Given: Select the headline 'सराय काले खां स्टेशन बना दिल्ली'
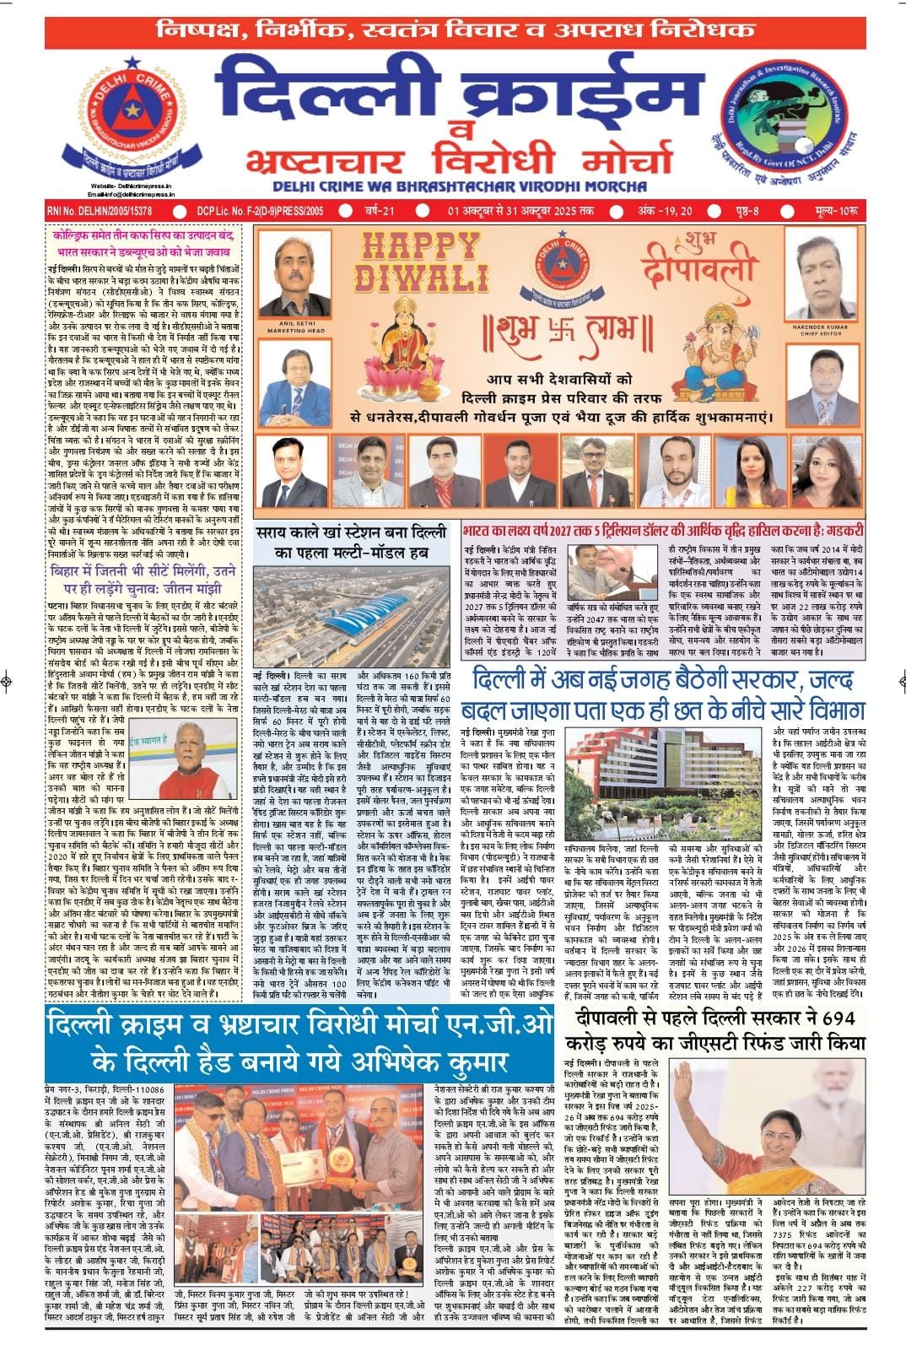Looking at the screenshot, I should point(359,534).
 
